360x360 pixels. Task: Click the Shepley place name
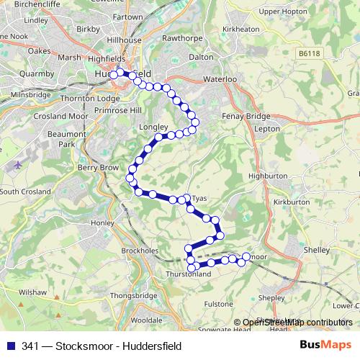click(271, 297)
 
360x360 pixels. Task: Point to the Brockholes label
click(140, 250)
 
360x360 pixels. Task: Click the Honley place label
click(104, 223)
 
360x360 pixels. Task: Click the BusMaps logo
click(325, 346)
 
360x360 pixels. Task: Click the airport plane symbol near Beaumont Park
click(17, 164)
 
